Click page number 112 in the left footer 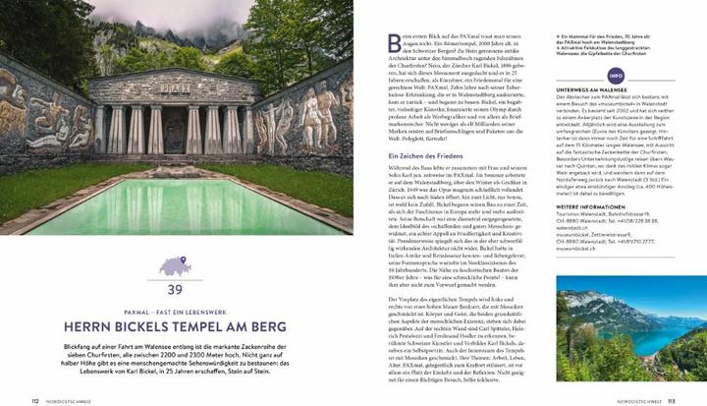pos(35,400)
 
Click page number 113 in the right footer pos(672,400)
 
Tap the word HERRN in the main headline pos(93,325)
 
